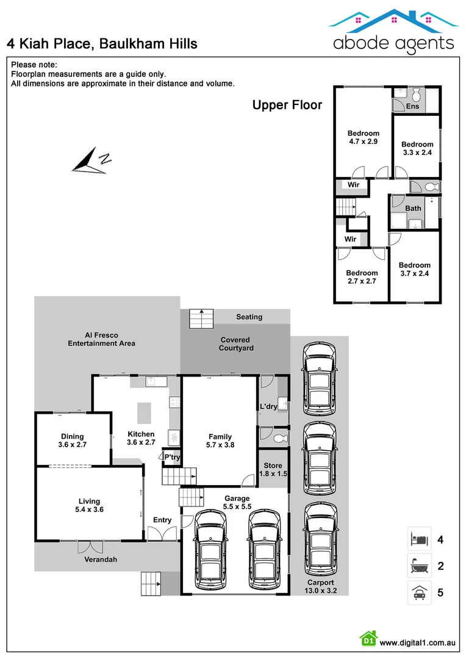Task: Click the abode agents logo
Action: click(393, 31)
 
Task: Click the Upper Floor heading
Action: click(287, 105)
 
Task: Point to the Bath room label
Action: click(413, 208)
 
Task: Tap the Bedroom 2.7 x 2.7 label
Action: click(362, 277)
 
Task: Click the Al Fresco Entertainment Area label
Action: click(101, 339)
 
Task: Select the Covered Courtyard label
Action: click(235, 344)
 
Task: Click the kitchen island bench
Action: click(144, 412)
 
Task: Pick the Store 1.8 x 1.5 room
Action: click(273, 469)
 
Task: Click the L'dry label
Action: click(268, 406)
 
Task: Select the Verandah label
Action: click(101, 559)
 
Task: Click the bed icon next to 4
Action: click(419, 539)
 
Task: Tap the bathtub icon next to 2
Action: click(419, 566)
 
